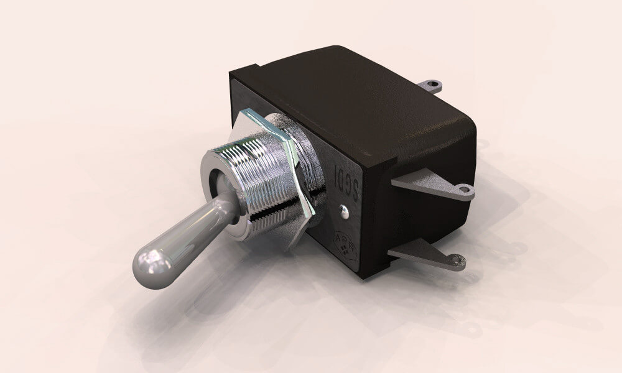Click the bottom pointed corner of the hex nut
tap(287, 249)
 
